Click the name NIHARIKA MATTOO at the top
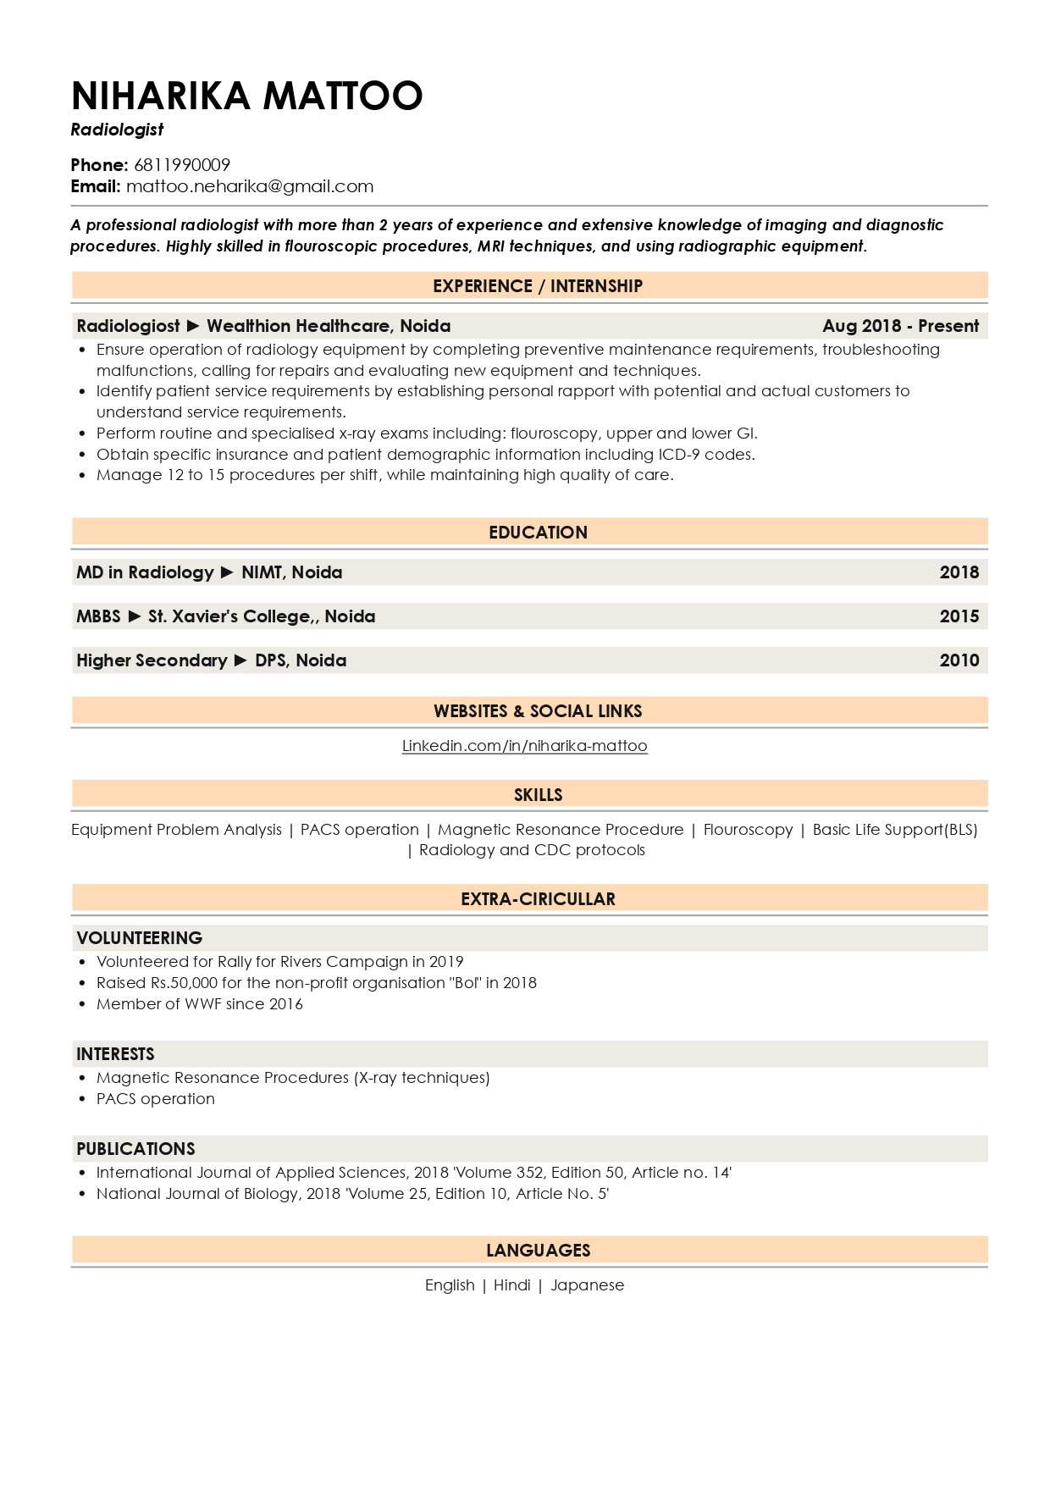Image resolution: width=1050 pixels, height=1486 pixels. tap(246, 96)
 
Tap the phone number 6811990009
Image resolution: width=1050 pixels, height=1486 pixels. tap(182, 165)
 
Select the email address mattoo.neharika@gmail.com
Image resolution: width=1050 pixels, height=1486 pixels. tap(250, 186)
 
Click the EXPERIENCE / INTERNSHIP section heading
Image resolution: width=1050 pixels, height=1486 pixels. tap(537, 286)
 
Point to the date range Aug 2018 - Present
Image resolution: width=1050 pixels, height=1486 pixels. tap(900, 326)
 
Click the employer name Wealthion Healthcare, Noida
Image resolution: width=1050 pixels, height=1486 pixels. tap(329, 326)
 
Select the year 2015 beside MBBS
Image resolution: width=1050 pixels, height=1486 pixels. tap(959, 616)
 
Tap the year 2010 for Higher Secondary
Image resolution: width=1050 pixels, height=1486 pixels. tap(959, 660)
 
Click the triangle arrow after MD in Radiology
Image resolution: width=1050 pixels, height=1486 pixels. tap(227, 572)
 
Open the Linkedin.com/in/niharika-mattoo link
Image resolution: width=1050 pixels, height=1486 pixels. tap(524, 746)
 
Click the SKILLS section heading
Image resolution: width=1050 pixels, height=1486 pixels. tap(538, 795)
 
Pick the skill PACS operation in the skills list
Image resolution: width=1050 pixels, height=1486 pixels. tap(359, 830)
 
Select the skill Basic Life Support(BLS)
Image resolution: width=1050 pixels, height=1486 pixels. tap(894, 830)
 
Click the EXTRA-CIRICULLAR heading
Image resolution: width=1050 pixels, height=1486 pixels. tap(538, 899)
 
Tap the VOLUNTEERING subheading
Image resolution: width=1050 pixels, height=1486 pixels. tap(140, 938)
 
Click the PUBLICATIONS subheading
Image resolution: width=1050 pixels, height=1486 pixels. tap(135, 1149)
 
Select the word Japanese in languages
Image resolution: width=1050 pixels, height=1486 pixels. tap(587, 1285)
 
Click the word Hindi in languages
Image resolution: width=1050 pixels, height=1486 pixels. tap(511, 1285)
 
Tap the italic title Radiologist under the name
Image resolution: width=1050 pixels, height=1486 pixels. tap(117, 130)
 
